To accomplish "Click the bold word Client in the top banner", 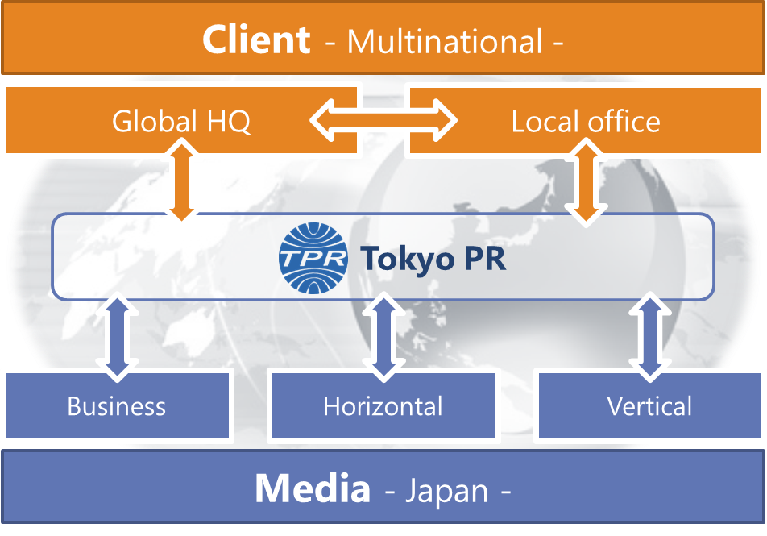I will tap(256, 39).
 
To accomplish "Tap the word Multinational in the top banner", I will tap(445, 41).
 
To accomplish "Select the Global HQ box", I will tap(180, 122).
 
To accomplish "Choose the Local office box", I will tap(586, 122).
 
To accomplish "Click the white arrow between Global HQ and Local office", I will tap(383, 122).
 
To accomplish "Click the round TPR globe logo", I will tap(313, 257).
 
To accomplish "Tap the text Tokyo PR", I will tap(433, 259).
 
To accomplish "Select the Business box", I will tap(117, 405).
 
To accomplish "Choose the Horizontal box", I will tap(383, 405).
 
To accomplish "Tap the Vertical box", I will tap(649, 405).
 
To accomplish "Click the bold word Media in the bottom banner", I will tap(313, 489).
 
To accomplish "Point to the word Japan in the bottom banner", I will tap(447, 491).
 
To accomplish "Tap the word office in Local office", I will tap(622, 122).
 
